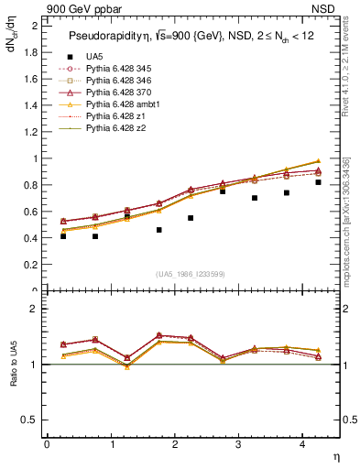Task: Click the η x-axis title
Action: [x=334, y=455]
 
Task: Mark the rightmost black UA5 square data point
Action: [x=318, y=182]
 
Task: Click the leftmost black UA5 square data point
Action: [x=63, y=235]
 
